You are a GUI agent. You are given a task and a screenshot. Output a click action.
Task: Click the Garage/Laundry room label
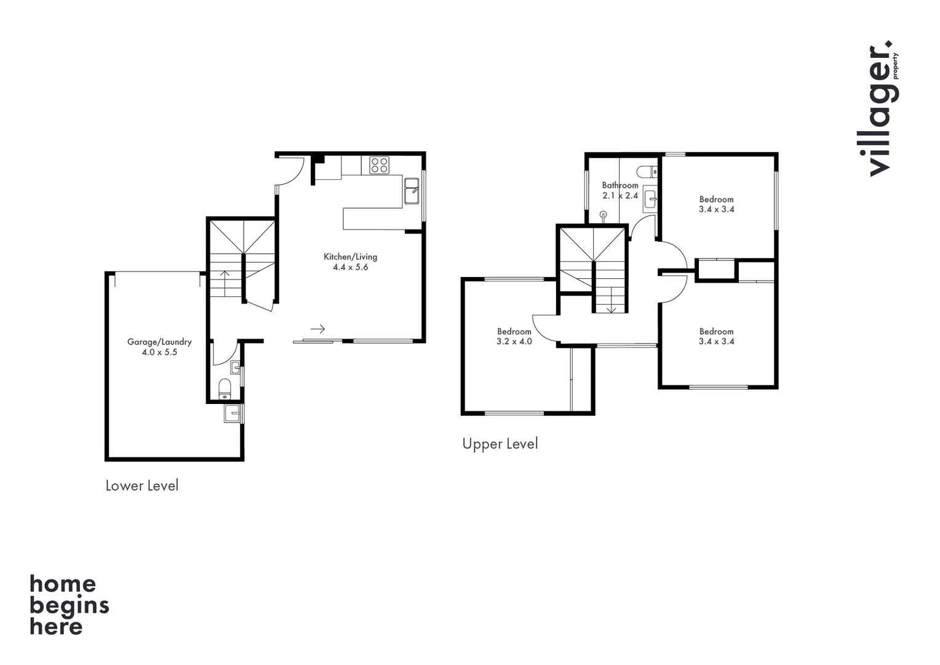tap(159, 342)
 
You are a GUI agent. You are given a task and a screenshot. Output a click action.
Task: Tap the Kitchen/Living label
tap(350, 257)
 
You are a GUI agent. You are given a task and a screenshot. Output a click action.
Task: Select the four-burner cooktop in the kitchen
tap(379, 165)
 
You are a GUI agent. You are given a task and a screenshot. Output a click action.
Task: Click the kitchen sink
tap(412, 190)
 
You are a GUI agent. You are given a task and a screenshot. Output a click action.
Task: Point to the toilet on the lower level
tap(225, 389)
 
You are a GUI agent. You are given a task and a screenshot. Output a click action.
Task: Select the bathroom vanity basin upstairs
tap(650, 198)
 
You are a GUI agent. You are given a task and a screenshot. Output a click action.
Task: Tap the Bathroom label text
tap(619, 185)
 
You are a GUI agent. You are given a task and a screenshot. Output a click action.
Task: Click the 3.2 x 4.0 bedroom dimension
tap(514, 341)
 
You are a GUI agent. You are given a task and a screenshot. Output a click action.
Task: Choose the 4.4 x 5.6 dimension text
tap(350, 267)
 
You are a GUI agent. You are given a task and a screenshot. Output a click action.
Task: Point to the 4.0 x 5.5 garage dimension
tap(159, 352)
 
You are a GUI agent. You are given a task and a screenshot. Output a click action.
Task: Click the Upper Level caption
tap(500, 444)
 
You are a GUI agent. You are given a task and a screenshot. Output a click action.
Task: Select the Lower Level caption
tap(141, 486)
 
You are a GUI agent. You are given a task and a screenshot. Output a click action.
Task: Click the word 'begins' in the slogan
tap(69, 606)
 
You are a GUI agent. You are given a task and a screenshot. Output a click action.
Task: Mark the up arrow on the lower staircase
tap(225, 282)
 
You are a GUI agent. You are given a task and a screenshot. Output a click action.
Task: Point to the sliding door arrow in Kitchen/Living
tap(317, 329)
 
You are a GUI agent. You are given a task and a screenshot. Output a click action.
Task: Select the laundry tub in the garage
tap(233, 413)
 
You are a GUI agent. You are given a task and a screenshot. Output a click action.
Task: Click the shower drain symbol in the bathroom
tap(603, 215)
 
